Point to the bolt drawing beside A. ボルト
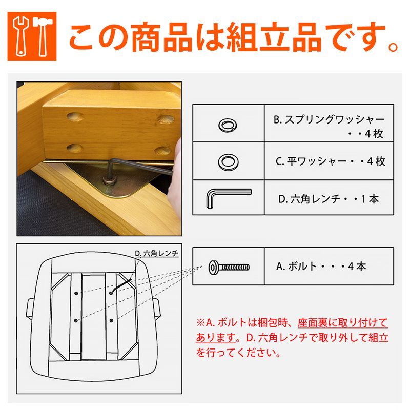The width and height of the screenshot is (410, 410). pos(229,266)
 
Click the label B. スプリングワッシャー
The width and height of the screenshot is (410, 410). pos(329,120)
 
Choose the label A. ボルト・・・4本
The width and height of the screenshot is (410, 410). pos(321,266)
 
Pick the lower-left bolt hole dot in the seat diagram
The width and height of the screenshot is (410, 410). pos(76,321)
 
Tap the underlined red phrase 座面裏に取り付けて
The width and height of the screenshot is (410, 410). pos(343,323)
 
